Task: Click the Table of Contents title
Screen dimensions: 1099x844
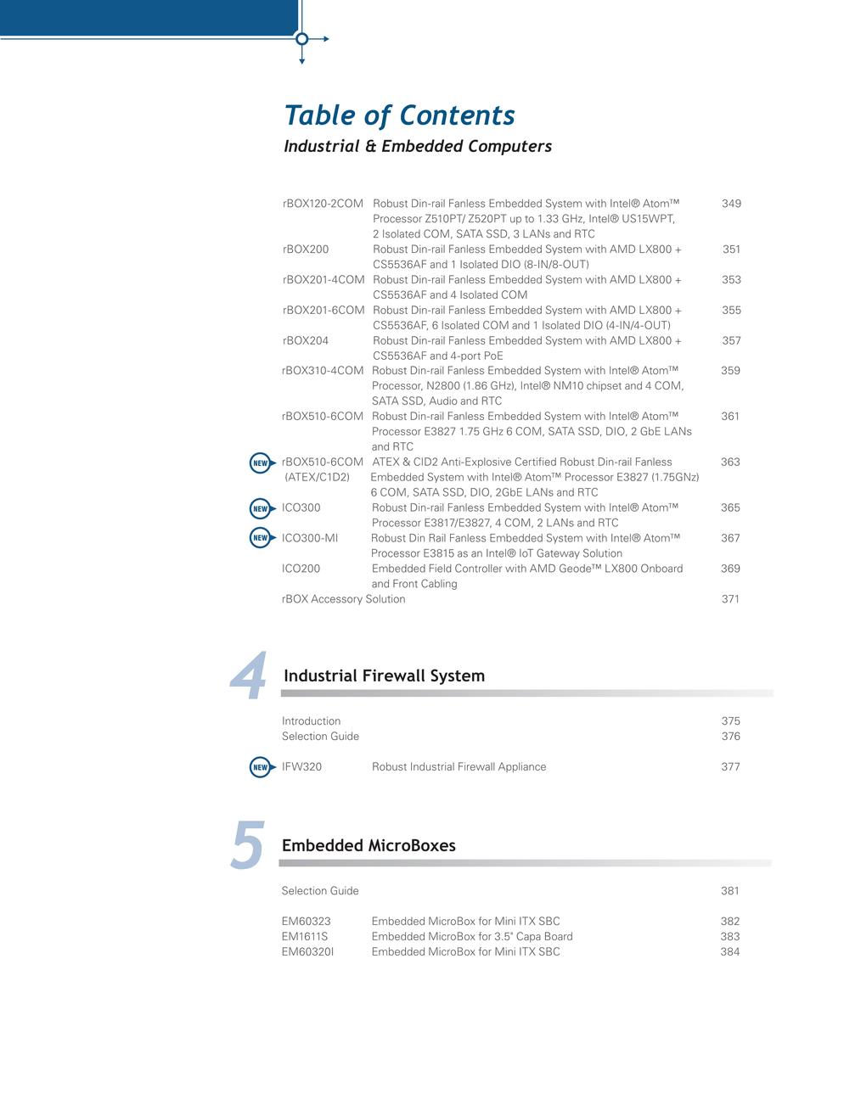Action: (399, 115)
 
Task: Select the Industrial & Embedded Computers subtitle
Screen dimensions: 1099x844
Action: (417, 146)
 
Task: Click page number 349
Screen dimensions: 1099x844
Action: (731, 204)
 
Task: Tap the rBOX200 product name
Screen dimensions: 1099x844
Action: (305, 250)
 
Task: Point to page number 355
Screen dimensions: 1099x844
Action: (731, 311)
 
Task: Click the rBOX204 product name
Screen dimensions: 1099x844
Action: (305, 341)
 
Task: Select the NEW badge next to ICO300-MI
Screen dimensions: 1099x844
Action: (261, 538)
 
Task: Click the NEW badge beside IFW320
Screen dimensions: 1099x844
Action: (261, 767)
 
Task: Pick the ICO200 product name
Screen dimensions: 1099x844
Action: (301, 569)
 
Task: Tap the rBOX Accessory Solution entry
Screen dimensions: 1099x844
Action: (343, 599)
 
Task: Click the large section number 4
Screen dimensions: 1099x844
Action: (249, 677)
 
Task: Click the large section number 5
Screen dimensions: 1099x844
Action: (247, 846)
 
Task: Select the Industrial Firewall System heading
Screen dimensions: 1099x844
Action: (384, 676)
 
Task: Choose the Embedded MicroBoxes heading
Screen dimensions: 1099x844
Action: (369, 846)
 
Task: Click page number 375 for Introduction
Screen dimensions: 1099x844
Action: (730, 721)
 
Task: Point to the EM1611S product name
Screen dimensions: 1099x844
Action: (304, 937)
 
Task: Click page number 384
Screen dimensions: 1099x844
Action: (729, 952)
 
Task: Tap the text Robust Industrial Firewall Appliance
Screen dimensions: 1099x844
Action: (459, 767)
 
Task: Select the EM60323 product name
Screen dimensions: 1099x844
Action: (306, 922)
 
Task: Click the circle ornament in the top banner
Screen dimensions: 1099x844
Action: (301, 38)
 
